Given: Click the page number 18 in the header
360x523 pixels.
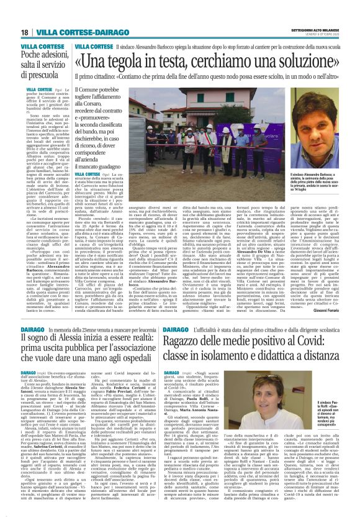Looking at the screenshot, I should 24,32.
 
